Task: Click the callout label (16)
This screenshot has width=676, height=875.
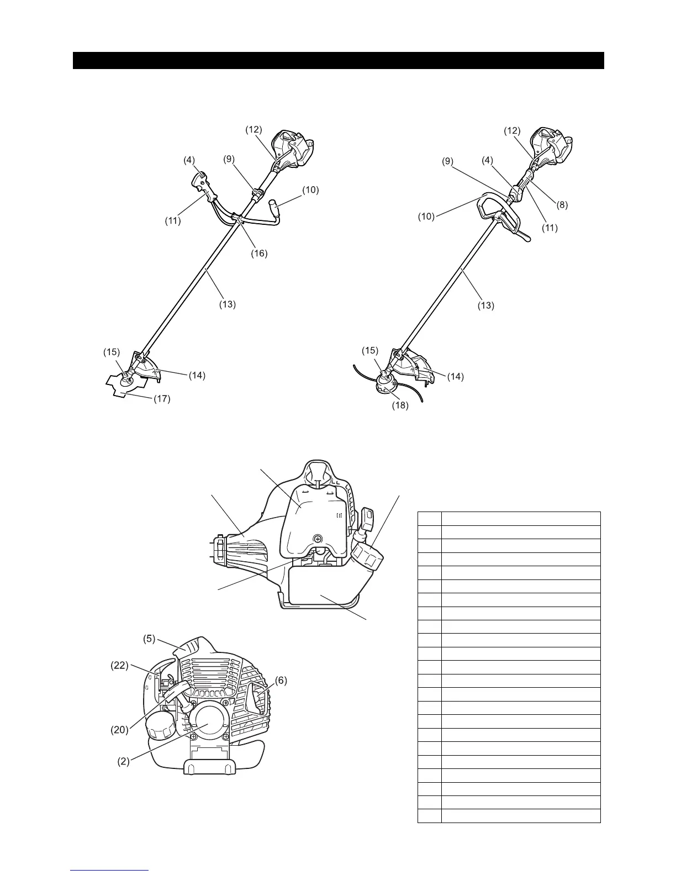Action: (x=259, y=254)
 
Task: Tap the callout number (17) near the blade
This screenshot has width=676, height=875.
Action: (x=162, y=398)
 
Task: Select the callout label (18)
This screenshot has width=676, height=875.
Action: (x=400, y=405)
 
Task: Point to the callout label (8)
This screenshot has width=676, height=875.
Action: (x=562, y=204)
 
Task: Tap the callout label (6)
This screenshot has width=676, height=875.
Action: (x=281, y=681)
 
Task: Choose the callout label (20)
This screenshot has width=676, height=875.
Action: (x=120, y=729)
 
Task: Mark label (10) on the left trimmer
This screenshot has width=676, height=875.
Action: (x=310, y=190)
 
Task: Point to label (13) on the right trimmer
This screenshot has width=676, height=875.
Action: (x=485, y=304)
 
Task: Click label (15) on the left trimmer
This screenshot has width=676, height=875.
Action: (x=111, y=351)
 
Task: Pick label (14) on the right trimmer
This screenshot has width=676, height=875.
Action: (x=456, y=377)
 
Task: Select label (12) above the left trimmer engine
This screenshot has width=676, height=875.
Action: (x=254, y=129)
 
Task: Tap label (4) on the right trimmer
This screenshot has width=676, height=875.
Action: (x=487, y=160)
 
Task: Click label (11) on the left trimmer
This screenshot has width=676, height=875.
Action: (x=173, y=221)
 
